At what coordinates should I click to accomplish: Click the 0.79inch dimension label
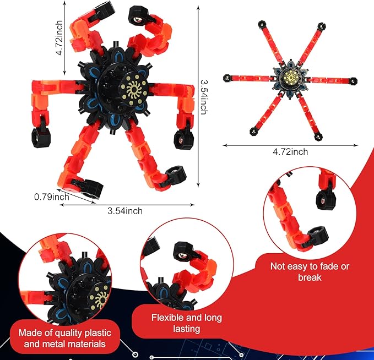coord(52,197)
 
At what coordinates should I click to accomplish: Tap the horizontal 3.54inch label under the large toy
coord(125,211)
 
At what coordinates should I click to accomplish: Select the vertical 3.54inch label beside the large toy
coord(203,97)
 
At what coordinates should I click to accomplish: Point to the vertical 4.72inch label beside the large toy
coord(59,37)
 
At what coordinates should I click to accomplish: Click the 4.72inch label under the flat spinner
coord(290,152)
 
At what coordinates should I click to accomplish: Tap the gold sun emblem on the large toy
coord(133,90)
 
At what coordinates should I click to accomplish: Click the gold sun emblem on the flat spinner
coord(290,77)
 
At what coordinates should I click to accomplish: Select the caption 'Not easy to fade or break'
coord(310,272)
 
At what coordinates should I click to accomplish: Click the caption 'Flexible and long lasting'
coord(187,323)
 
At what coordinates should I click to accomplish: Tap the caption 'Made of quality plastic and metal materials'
coord(65,339)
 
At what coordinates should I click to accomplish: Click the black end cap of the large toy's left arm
coord(41,137)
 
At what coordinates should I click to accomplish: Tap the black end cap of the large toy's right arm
coord(183,139)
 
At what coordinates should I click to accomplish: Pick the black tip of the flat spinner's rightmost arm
coord(353,81)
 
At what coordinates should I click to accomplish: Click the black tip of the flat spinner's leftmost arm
coord(227,78)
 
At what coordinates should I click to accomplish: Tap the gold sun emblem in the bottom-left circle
coord(99,298)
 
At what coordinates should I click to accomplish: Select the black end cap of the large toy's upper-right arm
coord(138,16)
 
